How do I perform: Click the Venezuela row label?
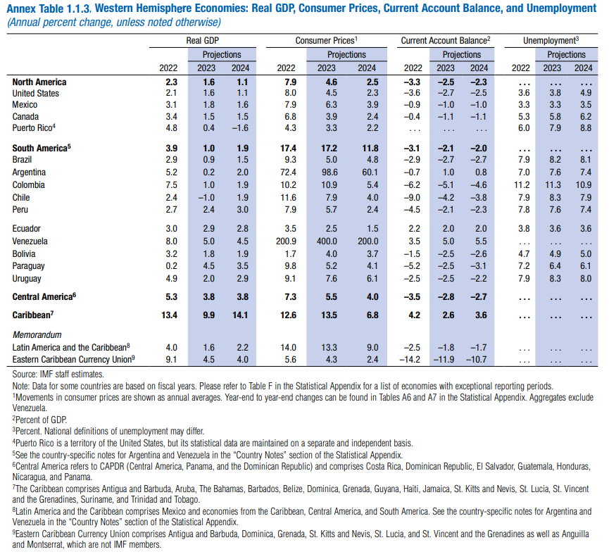click(x=30, y=241)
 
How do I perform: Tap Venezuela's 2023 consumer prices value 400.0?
click(x=327, y=241)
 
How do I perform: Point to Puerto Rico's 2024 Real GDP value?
click(x=240, y=128)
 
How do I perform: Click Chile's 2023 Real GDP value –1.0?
click(x=206, y=197)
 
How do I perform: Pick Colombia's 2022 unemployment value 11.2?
click(x=522, y=185)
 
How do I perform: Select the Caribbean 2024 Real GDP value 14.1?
click(x=240, y=315)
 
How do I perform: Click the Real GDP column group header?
click(x=202, y=41)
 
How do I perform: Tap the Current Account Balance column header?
click(x=446, y=41)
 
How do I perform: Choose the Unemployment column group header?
click(x=551, y=41)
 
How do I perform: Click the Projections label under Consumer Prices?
click(x=346, y=55)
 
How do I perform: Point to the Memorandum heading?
click(x=37, y=335)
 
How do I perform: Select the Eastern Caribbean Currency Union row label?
click(x=73, y=359)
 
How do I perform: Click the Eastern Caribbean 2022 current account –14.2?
click(x=410, y=360)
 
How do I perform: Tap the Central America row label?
click(x=44, y=297)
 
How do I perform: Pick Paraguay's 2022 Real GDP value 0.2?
click(x=171, y=266)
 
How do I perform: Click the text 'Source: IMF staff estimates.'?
click(x=58, y=375)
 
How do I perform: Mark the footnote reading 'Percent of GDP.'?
click(x=39, y=420)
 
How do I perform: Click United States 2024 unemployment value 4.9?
click(x=586, y=93)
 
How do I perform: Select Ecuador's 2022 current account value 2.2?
click(x=415, y=229)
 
